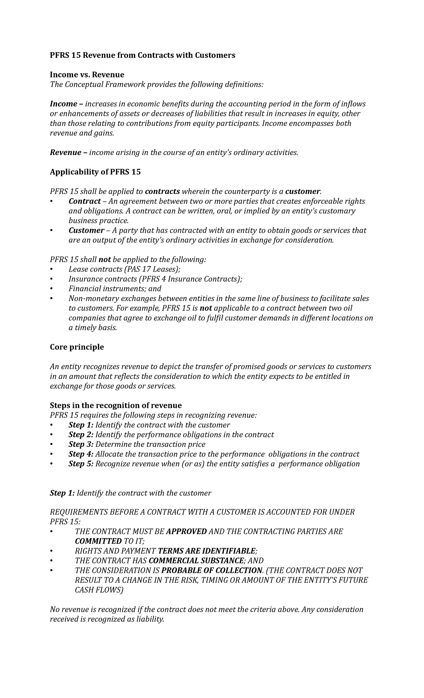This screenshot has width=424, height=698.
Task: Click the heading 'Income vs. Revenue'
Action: (87, 75)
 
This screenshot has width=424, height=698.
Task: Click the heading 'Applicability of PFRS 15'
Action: (95, 172)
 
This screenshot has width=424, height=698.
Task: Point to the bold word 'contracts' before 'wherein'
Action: (163, 191)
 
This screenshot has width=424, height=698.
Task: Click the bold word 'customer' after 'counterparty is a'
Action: (303, 191)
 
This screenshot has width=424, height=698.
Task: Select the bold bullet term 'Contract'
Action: (84, 201)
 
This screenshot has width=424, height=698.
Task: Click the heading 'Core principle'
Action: (77, 347)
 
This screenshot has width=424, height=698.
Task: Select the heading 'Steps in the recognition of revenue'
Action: (116, 405)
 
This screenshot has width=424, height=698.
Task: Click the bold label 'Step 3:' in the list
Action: (81, 444)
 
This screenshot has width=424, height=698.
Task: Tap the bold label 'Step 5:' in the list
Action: (81, 464)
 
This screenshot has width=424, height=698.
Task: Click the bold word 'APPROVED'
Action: (186, 532)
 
